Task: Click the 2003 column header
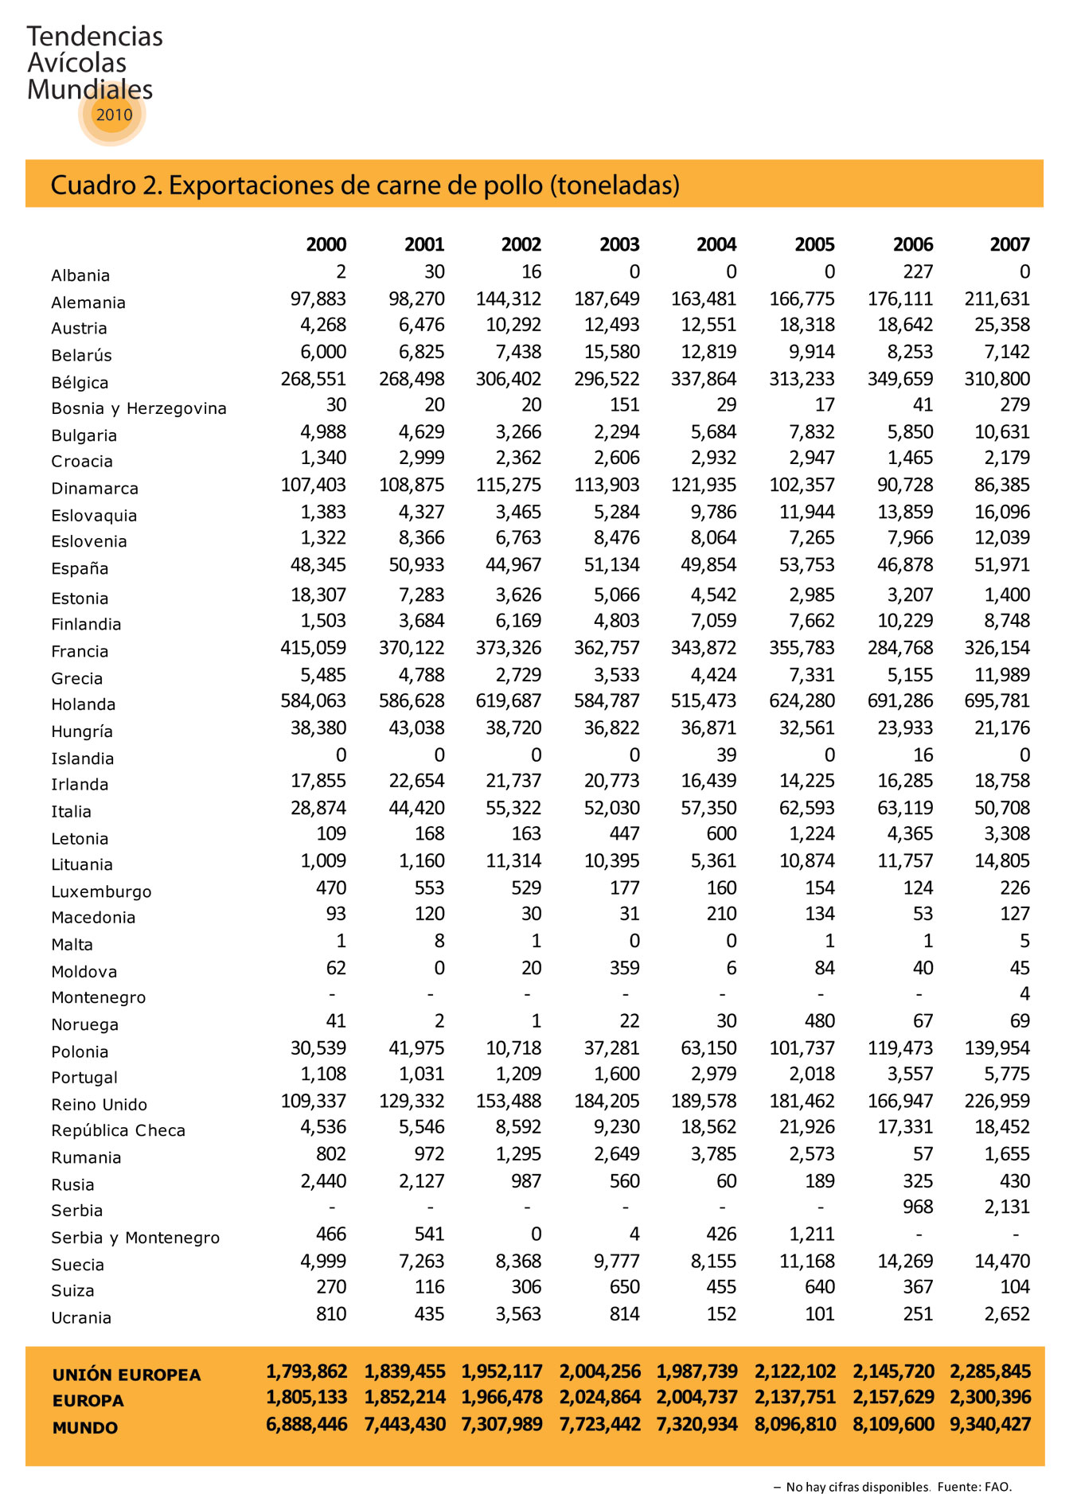click(x=619, y=244)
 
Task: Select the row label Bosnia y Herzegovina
click(x=139, y=408)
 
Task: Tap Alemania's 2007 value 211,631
click(x=1001, y=299)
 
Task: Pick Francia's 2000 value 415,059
click(x=313, y=648)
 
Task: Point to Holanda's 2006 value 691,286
click(x=899, y=701)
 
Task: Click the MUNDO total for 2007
click(x=990, y=1424)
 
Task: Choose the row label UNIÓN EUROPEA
click(x=127, y=1375)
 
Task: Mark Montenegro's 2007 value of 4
click(x=1024, y=994)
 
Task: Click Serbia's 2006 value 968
click(x=918, y=1207)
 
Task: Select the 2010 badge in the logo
click(x=114, y=115)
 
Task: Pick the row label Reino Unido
click(x=100, y=1104)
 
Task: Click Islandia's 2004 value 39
click(x=726, y=755)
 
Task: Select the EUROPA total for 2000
click(x=306, y=1397)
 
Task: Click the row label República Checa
click(x=118, y=1130)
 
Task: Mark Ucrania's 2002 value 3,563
click(x=518, y=1313)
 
